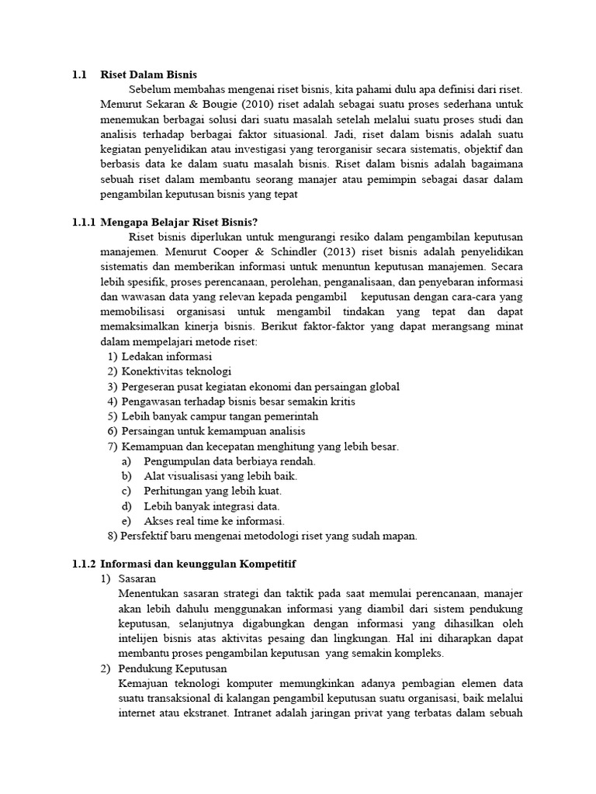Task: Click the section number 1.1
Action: pos(78,74)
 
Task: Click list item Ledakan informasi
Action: pos(167,357)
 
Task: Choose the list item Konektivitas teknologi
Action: pos(176,371)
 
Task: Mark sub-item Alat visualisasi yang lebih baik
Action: pos(220,476)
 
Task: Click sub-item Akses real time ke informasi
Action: pos(214,520)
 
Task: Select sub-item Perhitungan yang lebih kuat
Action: pos(213,491)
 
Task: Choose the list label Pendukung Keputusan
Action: pos(172,668)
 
